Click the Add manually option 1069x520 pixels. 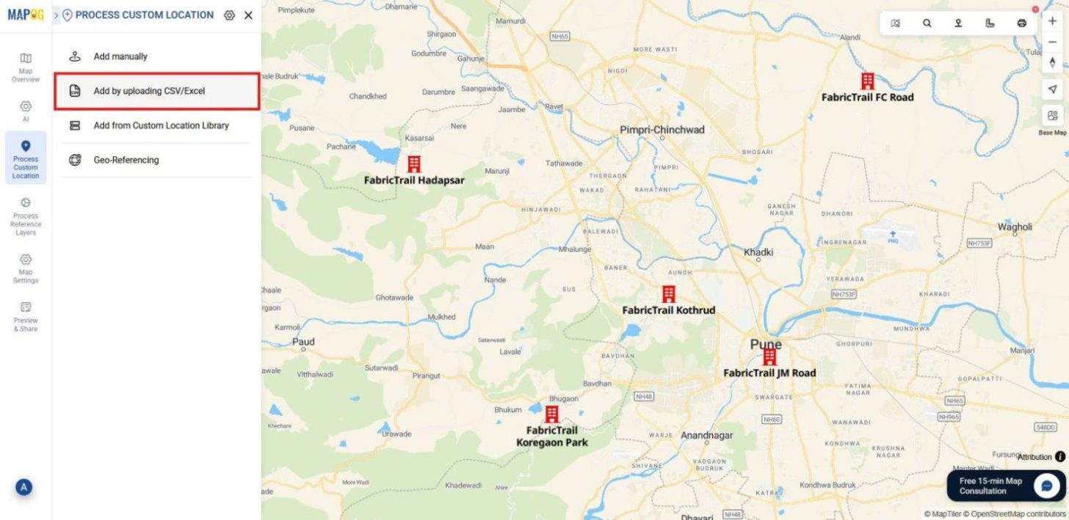click(x=120, y=56)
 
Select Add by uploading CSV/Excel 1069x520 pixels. click(x=149, y=91)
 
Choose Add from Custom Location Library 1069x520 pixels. click(x=161, y=125)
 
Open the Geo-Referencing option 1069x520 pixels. click(x=126, y=160)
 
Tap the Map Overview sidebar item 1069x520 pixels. click(x=26, y=67)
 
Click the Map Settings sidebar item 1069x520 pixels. click(x=26, y=268)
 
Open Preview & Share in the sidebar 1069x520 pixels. click(x=26, y=316)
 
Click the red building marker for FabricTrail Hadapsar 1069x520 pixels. click(x=414, y=164)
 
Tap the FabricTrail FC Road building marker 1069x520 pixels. click(x=868, y=81)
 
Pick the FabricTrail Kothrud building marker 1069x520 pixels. click(x=669, y=294)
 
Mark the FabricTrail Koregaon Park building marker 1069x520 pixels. click(x=552, y=414)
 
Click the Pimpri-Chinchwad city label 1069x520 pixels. click(x=662, y=130)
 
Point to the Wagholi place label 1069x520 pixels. click(x=1015, y=227)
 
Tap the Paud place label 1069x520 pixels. click(x=303, y=342)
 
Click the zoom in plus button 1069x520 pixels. click(x=1052, y=21)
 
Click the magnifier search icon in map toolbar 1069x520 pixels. click(x=927, y=23)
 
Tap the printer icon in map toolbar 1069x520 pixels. click(x=1021, y=23)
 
